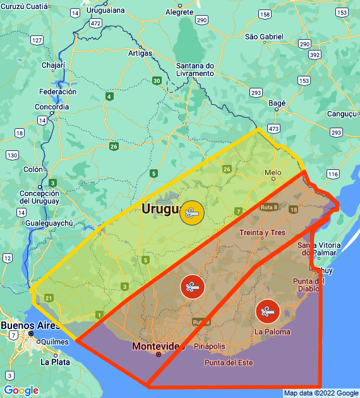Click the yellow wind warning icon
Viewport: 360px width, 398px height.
point(192,212)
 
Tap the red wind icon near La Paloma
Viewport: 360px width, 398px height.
point(268,310)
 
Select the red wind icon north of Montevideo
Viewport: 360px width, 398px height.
point(192,287)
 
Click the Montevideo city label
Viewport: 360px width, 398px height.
point(158,346)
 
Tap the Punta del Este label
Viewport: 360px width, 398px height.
point(228,363)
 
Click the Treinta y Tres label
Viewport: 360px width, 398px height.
point(262,232)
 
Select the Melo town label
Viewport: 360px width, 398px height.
point(273,172)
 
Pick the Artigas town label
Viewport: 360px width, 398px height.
point(140,53)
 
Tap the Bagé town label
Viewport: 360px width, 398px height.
point(277,102)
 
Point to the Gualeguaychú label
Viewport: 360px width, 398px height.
point(49,223)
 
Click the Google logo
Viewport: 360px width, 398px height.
point(21,390)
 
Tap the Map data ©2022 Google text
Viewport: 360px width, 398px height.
point(321,393)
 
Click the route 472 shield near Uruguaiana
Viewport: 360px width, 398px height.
point(95,23)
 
